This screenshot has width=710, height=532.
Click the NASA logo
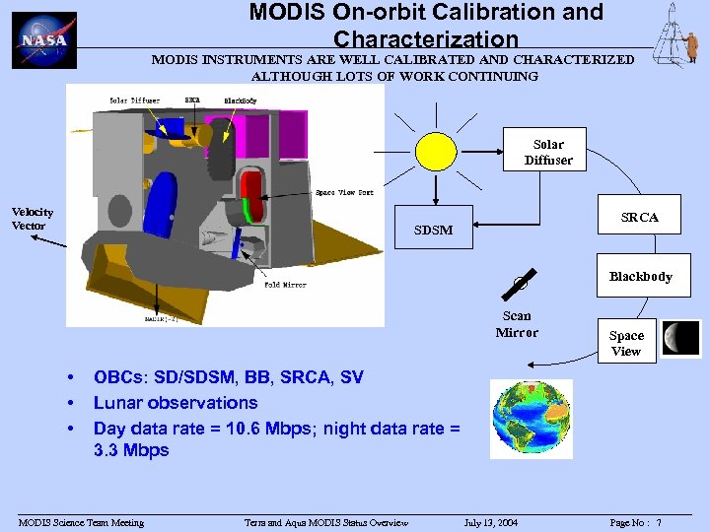point(44,40)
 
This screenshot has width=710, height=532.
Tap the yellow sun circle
point(436,151)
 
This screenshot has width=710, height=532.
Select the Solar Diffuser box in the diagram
point(547,152)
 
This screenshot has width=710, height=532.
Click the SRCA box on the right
point(639,217)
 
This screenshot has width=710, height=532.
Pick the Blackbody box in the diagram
point(640,277)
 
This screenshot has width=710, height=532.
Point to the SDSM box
point(434,230)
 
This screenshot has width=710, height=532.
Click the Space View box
point(625,343)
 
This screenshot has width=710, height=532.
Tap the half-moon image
point(681,338)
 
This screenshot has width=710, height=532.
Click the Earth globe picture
point(532,419)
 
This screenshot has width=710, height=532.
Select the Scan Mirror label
point(517,324)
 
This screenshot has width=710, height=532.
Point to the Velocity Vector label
point(33,219)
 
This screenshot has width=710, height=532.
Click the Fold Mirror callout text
point(285,285)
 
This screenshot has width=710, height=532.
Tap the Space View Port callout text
point(344,192)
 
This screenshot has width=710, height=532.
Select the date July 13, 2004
point(491,522)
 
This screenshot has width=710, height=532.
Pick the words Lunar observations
point(176,402)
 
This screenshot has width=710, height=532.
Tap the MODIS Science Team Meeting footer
point(81,522)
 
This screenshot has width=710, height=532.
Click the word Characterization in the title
point(425,39)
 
